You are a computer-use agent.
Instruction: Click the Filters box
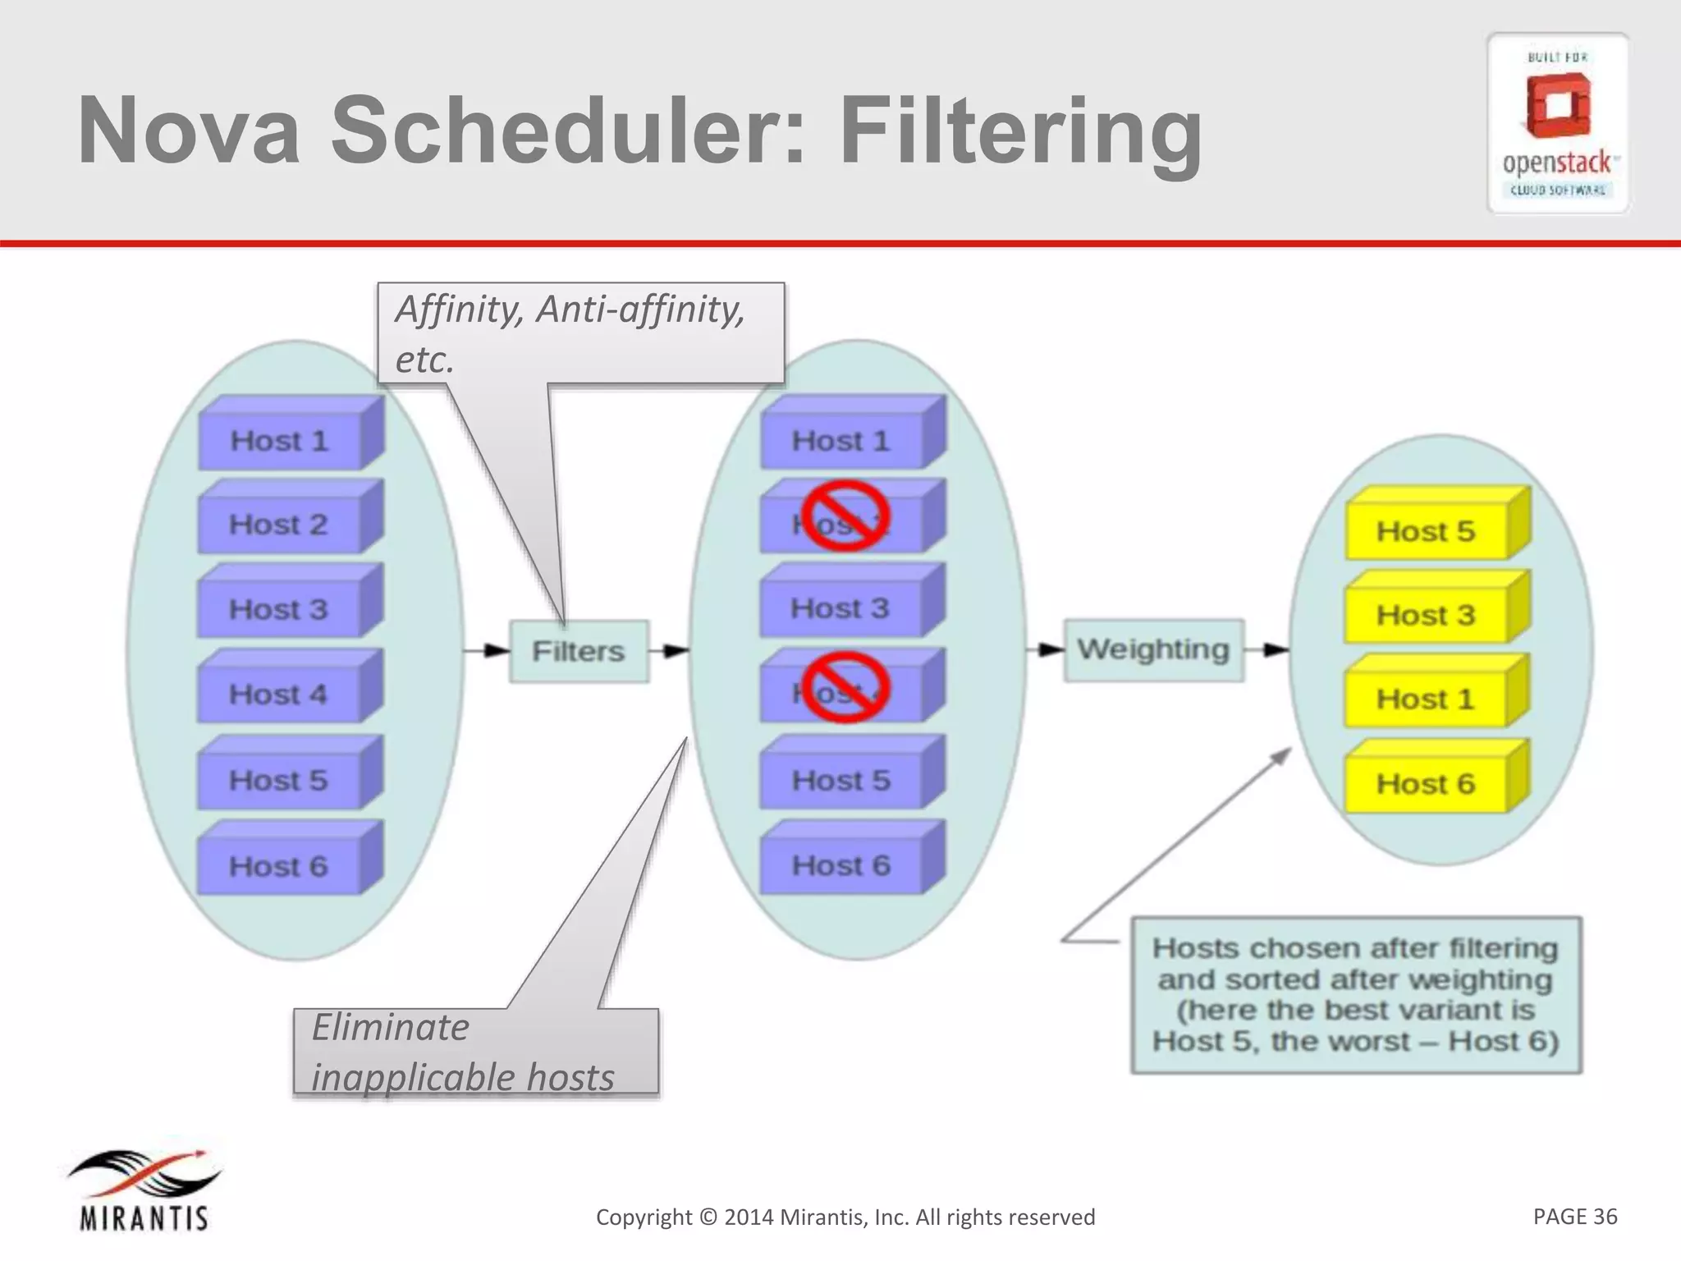(x=579, y=651)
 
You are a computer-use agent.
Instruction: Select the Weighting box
(x=1153, y=650)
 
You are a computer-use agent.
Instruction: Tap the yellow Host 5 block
(x=1427, y=531)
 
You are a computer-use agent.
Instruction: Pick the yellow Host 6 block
(x=1427, y=784)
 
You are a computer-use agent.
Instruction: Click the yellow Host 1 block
(x=1427, y=699)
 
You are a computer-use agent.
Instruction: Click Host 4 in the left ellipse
(x=279, y=695)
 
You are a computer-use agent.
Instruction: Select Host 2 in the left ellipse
(x=279, y=524)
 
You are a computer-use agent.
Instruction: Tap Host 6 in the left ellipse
(x=279, y=866)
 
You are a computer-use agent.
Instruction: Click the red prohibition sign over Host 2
(x=845, y=516)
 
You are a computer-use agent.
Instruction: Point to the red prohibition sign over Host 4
(x=845, y=687)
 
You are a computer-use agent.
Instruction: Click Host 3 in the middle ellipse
(x=840, y=608)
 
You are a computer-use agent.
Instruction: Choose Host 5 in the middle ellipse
(x=840, y=780)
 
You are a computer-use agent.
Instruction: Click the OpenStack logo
(x=1557, y=123)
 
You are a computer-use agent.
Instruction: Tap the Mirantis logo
(x=144, y=1190)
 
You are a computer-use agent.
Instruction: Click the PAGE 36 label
(x=1574, y=1216)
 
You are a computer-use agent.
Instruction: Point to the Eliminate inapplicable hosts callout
(x=464, y=1052)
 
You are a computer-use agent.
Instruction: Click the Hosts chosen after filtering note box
(x=1355, y=994)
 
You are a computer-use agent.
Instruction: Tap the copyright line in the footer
(x=845, y=1217)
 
